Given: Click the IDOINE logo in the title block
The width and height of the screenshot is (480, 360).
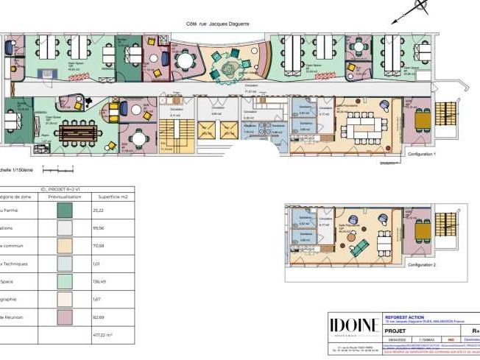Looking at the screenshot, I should (354, 325).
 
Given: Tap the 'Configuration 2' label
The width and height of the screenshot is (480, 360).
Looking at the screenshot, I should (423, 264).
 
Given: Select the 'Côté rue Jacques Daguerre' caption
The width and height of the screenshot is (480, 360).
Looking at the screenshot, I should (218, 24).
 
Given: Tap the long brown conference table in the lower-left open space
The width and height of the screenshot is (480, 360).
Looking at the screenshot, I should (78, 132).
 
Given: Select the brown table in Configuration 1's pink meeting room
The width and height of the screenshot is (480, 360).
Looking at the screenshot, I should (422, 119).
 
